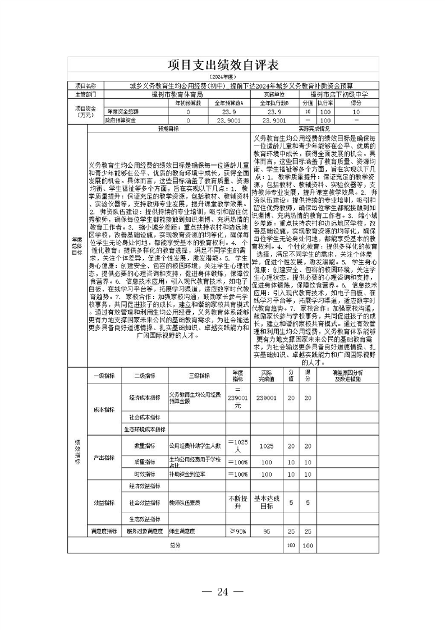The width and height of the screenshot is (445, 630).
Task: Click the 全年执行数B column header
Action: pos(273,103)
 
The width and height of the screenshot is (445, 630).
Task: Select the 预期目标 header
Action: pos(168,128)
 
